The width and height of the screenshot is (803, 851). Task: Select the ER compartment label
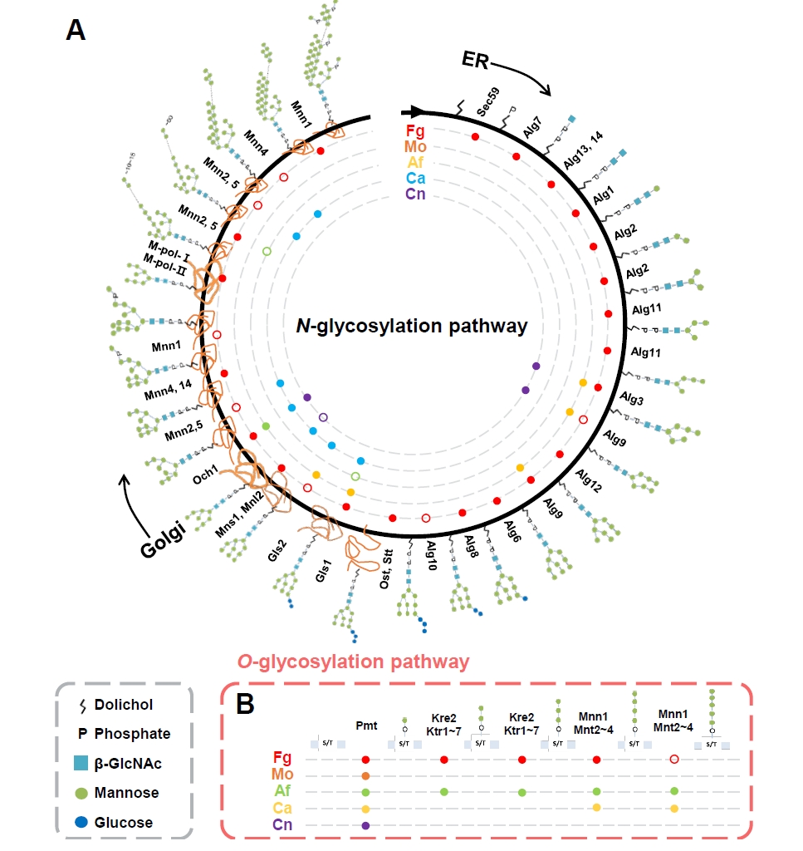pos(478,60)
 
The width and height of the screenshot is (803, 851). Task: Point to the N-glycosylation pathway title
pos(412,327)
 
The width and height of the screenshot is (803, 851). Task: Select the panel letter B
pos(246,704)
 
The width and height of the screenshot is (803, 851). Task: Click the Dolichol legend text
pos(122,705)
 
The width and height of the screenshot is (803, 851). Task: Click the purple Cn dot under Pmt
pos(365,825)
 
